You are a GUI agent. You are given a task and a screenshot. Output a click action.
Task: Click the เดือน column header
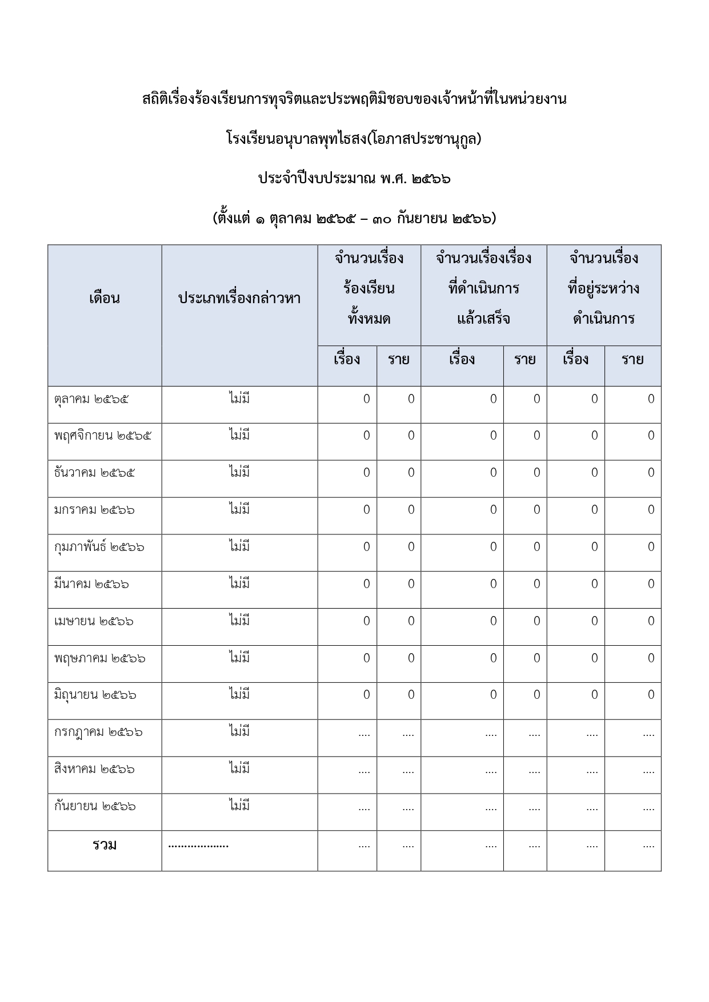coord(105,298)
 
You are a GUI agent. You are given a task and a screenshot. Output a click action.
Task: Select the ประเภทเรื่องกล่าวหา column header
coord(239,298)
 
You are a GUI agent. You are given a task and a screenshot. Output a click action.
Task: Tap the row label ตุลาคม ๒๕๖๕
coord(91,399)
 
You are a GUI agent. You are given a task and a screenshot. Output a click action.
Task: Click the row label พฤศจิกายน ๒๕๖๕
coord(103,436)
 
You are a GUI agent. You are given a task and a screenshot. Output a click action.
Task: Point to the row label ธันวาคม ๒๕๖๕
coord(95,473)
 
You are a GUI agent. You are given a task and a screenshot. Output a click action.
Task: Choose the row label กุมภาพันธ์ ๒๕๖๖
coord(99,547)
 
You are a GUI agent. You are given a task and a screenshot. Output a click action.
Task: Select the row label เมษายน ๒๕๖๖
coord(94,621)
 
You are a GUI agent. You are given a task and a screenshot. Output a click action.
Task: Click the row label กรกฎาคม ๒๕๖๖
coord(98,732)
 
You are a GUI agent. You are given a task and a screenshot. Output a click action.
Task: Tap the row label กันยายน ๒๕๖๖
coord(95,806)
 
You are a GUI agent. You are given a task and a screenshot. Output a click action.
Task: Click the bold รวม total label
coord(105,845)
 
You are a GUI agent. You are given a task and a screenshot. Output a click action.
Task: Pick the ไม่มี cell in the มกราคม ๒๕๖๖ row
coord(239,509)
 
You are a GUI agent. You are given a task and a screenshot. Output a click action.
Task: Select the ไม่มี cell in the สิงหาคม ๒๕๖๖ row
coord(239,768)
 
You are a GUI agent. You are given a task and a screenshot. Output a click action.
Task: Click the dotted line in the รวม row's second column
coord(198,846)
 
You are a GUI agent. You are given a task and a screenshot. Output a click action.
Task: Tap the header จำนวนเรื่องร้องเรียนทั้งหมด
coord(369,288)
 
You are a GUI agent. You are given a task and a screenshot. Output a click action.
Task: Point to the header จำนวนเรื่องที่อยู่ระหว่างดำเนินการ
coord(603,288)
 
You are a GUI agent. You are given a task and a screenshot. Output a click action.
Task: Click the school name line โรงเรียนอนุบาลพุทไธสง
coord(354,139)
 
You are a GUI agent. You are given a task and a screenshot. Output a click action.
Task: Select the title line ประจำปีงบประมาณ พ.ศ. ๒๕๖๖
coord(354,179)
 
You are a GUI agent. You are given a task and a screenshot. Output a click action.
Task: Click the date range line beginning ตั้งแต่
coord(354,218)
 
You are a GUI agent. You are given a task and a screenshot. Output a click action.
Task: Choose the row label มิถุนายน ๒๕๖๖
coord(95,695)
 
